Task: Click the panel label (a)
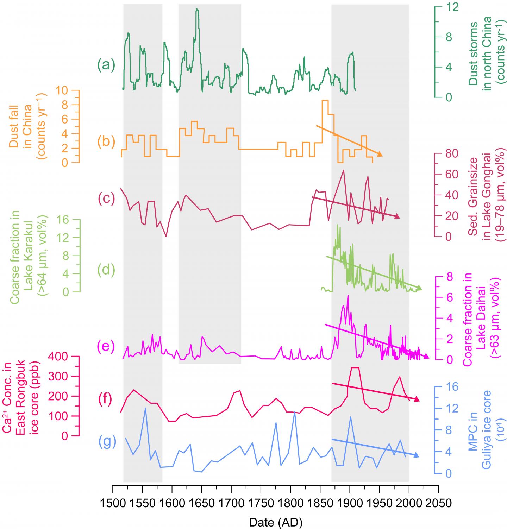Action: tap(106, 65)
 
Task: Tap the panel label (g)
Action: tap(106, 442)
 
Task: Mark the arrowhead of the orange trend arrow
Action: tap(380, 155)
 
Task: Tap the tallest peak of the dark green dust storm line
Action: tap(197, 9)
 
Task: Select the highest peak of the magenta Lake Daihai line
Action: tap(348, 296)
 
